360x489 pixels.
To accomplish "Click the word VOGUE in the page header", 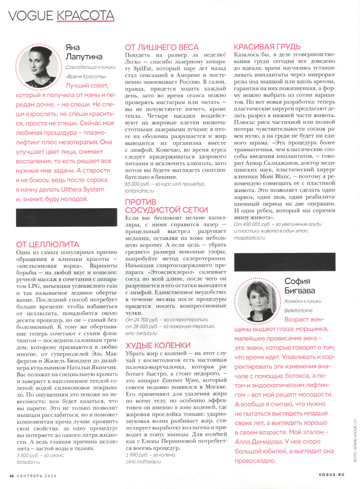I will (31, 15).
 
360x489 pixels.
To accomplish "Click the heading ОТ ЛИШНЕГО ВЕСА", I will (162, 47).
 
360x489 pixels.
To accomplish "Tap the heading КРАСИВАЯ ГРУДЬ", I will (267, 47).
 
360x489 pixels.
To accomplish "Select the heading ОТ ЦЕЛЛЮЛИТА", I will (48, 244).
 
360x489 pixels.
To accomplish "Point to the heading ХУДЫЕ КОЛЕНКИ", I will (158, 345).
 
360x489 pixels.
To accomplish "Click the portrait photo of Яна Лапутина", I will (39, 67).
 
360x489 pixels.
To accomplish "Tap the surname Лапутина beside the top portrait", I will (84, 57).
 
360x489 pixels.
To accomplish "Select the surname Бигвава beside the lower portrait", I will (300, 291).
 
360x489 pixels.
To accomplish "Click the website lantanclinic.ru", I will (139, 191).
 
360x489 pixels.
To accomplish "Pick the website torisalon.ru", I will (28, 462).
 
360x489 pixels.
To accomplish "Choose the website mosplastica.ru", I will (249, 238).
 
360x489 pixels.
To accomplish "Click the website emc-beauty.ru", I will (141, 333).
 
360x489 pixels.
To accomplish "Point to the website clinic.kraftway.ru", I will (143, 462).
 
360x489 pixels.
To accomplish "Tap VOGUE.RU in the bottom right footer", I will (331, 475).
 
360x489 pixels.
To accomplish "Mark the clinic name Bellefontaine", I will (298, 310).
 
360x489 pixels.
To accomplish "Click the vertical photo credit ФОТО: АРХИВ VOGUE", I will (355, 441).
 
